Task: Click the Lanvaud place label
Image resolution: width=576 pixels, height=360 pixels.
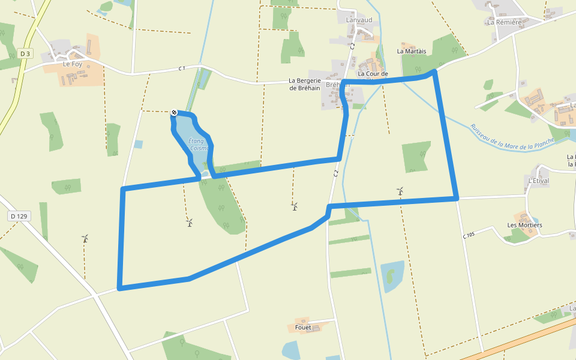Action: pos(359,20)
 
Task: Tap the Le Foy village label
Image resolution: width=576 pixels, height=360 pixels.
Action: pos(72,64)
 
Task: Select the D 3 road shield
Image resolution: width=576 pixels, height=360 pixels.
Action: pos(25,54)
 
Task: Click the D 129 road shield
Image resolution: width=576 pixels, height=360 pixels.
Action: pos(20,216)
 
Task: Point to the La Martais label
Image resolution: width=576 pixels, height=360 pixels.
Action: pos(412,52)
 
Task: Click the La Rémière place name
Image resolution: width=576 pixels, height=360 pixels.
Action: pos(504,22)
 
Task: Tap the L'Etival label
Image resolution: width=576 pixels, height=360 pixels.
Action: pos(538,181)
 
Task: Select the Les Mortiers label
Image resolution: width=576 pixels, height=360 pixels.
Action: pos(524,225)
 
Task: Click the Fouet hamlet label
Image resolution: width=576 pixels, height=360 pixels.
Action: pos(303,328)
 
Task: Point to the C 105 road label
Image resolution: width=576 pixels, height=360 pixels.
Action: pos(469,235)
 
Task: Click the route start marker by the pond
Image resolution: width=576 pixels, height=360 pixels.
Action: pos(174,112)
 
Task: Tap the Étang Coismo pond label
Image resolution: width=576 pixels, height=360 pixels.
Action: pos(197,144)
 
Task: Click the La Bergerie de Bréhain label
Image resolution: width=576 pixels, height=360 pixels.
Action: pos(305,84)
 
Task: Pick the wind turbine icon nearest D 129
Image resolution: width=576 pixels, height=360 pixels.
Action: pos(85,238)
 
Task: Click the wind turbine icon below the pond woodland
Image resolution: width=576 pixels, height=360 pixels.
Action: pos(190,223)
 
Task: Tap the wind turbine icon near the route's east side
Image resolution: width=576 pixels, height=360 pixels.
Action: pos(400,191)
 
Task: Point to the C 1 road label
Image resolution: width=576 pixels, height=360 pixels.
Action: pos(181,68)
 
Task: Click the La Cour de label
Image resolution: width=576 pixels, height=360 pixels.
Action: pos(373,74)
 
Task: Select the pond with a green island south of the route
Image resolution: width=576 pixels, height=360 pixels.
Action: pos(392,275)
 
